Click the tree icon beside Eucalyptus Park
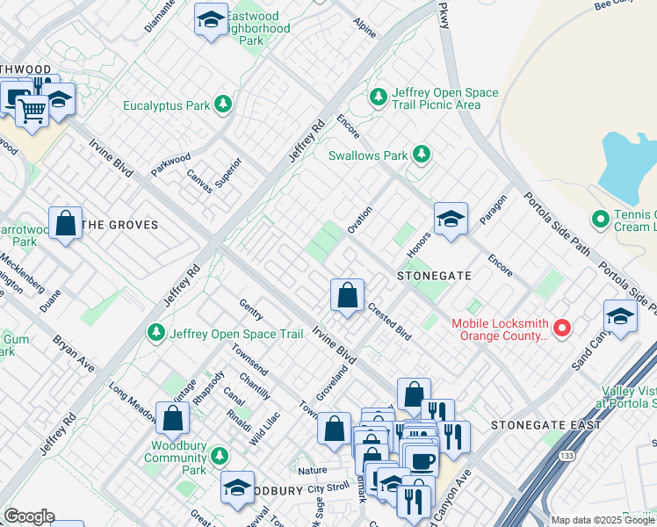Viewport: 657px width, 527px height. tap(224, 105)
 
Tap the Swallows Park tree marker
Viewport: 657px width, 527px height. tap(422, 155)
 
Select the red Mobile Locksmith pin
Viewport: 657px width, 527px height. tap(562, 328)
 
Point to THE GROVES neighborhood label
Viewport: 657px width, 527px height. tap(119, 225)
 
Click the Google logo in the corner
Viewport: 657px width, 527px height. tap(29, 516)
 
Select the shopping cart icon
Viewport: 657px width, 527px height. tap(32, 112)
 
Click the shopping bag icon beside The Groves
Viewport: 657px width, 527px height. tap(66, 223)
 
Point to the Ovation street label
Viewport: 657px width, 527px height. tap(359, 220)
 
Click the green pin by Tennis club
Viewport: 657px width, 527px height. tap(601, 218)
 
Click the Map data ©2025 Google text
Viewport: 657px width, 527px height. tap(603, 520)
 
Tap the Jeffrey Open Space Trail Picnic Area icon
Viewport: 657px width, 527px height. tap(379, 97)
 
